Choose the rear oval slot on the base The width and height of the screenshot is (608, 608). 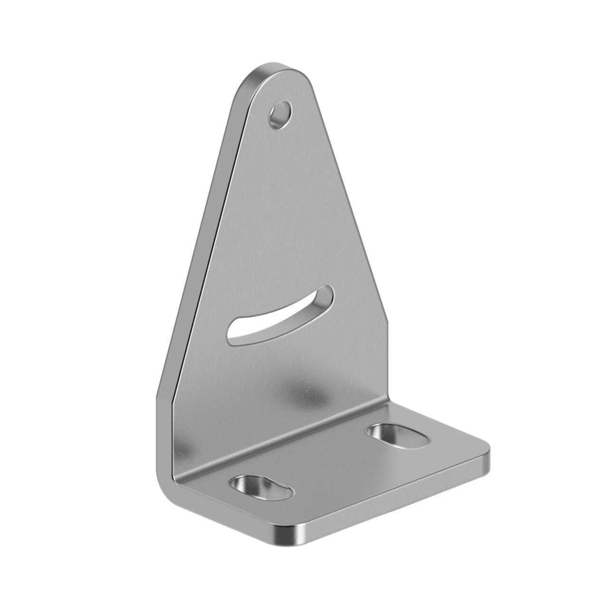397,435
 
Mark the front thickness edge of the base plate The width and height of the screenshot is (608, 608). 395,502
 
